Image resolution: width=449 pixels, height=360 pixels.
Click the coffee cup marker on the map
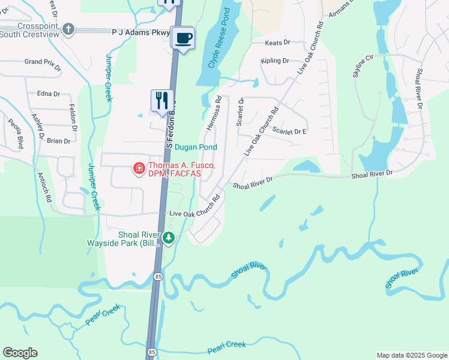pyautogui.click(x=183, y=38)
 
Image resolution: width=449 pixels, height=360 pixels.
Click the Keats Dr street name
pyautogui.click(x=278, y=43)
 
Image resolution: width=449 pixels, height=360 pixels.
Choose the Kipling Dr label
pyautogui.click(x=275, y=61)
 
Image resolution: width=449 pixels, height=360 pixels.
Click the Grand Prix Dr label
pyautogui.click(x=43, y=62)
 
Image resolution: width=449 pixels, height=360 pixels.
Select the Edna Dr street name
pyautogui.click(x=49, y=94)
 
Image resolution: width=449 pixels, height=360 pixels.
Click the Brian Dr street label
pyautogui.click(x=58, y=141)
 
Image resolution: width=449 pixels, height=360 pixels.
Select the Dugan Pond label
pyautogui.click(x=196, y=146)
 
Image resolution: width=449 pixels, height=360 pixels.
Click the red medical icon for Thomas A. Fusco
pyautogui.click(x=139, y=169)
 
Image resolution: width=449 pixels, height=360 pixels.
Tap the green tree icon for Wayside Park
pyautogui.click(x=169, y=238)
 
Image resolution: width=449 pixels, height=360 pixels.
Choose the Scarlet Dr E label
pyautogui.click(x=289, y=131)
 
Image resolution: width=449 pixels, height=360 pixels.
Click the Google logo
pyautogui.click(x=20, y=353)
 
